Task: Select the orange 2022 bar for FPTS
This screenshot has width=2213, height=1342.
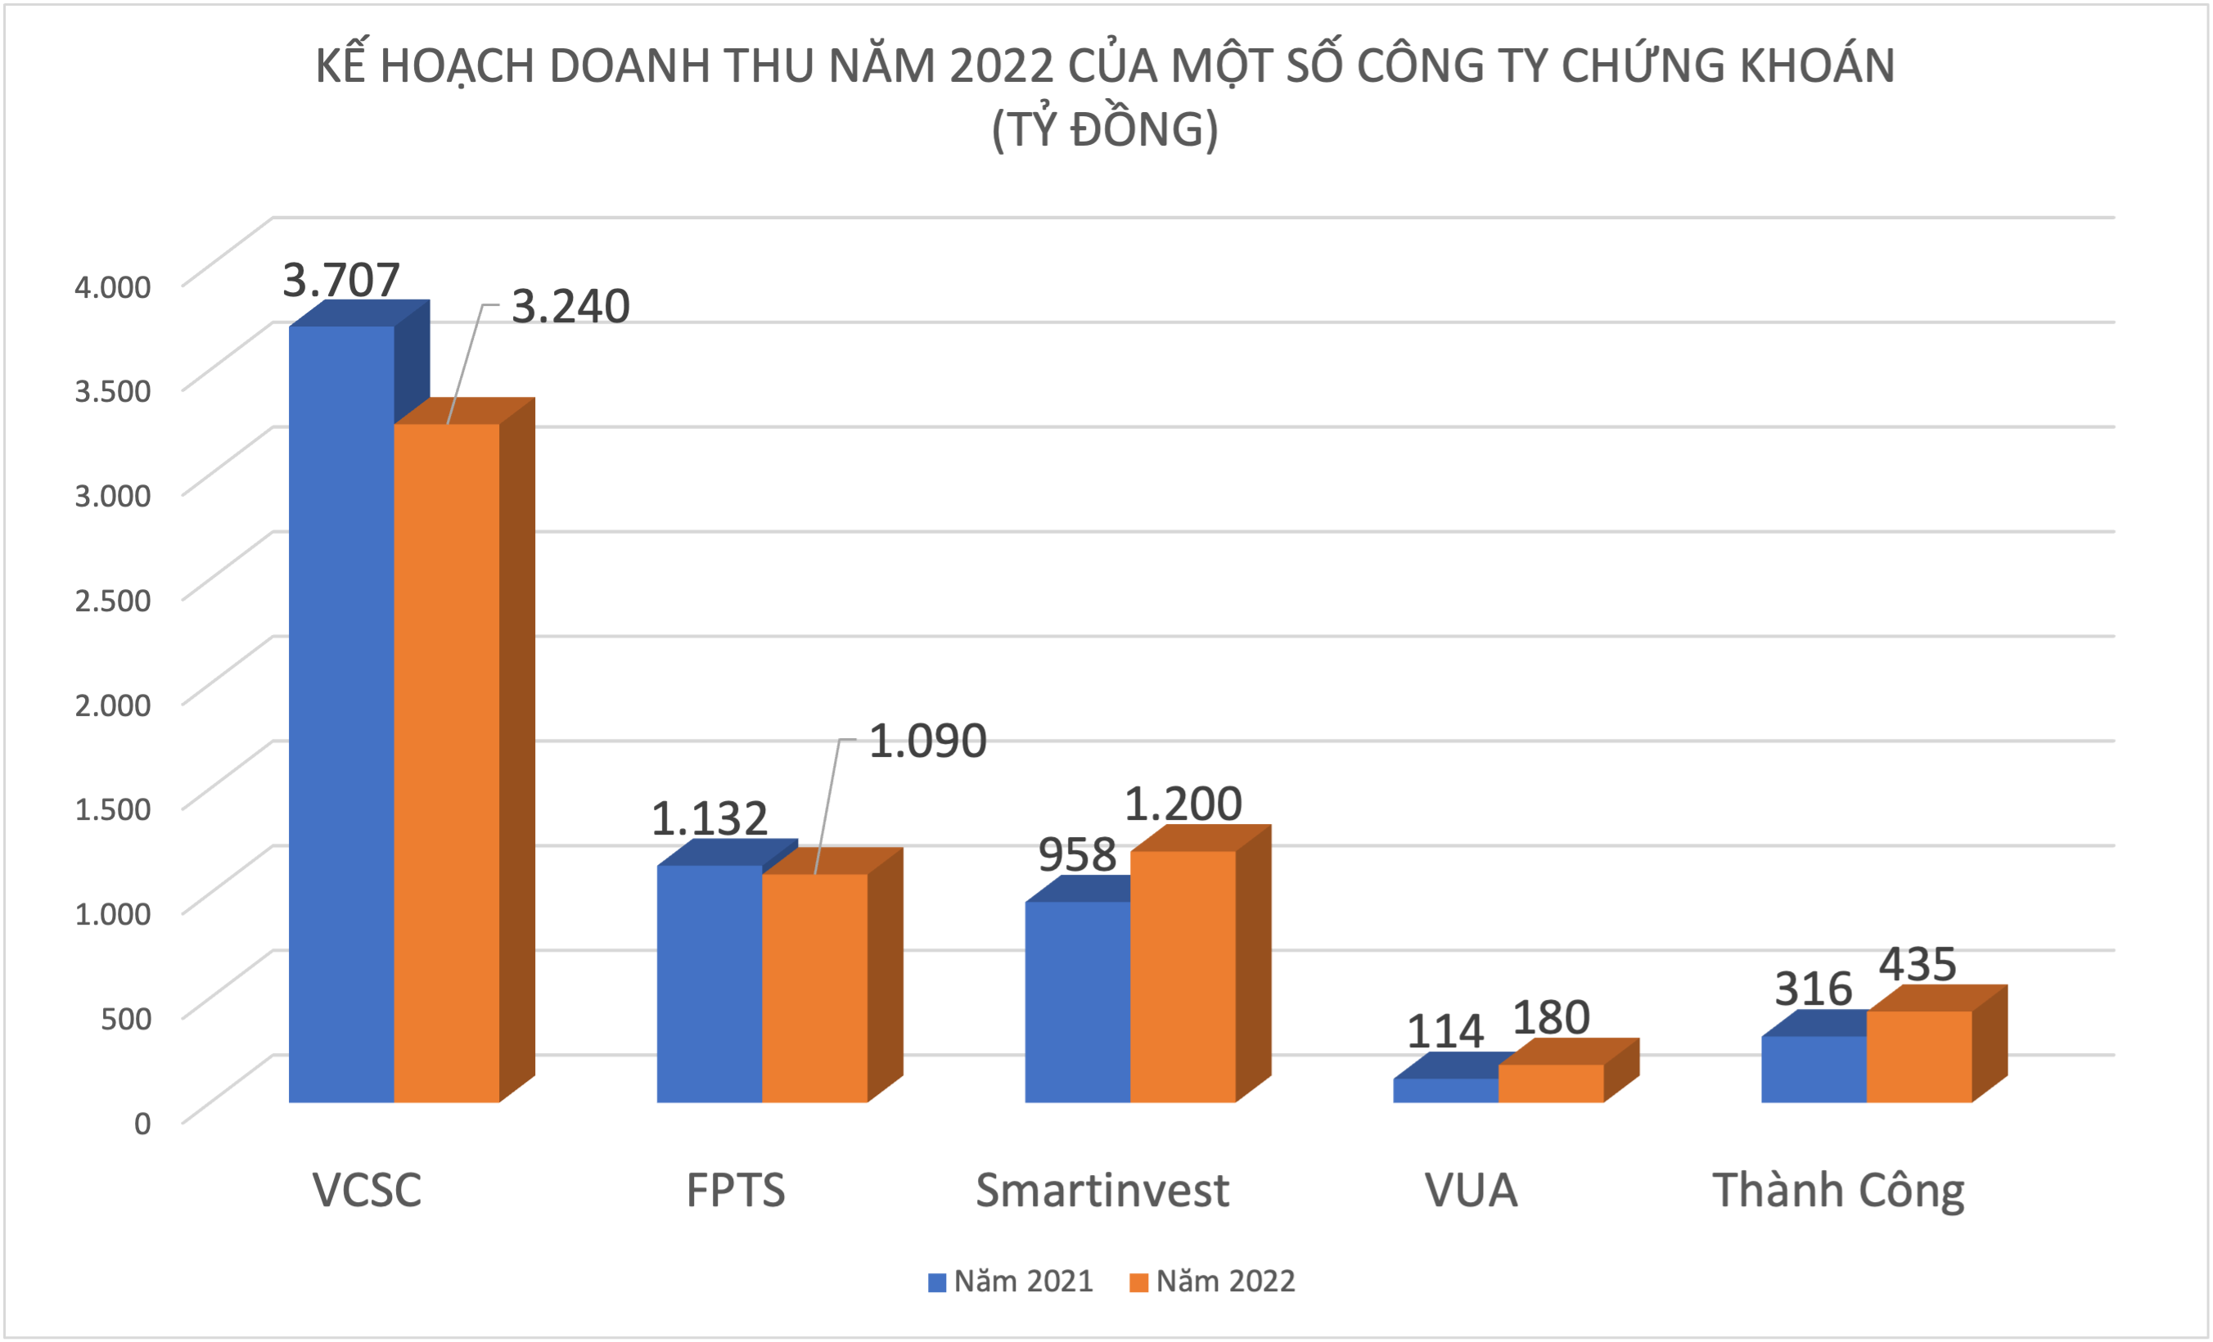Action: [x=814, y=988]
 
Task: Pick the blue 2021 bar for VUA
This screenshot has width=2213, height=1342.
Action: [x=1445, y=1091]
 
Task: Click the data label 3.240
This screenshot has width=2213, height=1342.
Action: [x=570, y=307]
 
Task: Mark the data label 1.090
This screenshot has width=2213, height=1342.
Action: [x=928, y=741]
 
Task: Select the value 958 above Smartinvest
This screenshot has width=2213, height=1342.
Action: [x=1077, y=854]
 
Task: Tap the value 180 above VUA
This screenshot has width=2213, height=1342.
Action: [x=1551, y=1018]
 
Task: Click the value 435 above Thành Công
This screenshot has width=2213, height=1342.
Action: [x=1918, y=965]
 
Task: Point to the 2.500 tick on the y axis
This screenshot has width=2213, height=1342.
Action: [x=112, y=600]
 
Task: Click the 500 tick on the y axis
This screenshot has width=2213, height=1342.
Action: [x=126, y=1019]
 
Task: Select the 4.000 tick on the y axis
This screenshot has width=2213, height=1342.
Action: [x=112, y=286]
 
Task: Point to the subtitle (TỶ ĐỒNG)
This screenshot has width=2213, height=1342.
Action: [x=1105, y=129]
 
